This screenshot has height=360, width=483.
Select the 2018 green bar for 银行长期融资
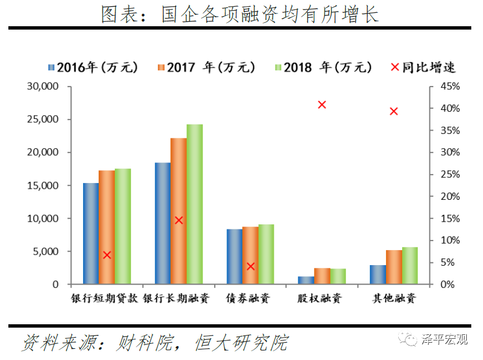(x=195, y=204)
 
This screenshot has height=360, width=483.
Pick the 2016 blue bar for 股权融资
(x=306, y=280)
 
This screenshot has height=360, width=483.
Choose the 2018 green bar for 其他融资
(x=409, y=266)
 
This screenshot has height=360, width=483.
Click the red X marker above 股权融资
(x=322, y=104)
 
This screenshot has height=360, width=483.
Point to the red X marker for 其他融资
(x=394, y=111)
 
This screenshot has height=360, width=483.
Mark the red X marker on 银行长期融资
(x=178, y=220)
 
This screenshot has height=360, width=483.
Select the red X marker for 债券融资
(x=250, y=266)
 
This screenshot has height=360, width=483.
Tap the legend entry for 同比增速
(x=423, y=68)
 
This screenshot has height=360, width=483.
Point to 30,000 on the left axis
(x=42, y=87)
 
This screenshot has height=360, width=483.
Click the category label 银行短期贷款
(x=104, y=298)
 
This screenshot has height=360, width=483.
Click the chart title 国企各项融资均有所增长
(x=240, y=14)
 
